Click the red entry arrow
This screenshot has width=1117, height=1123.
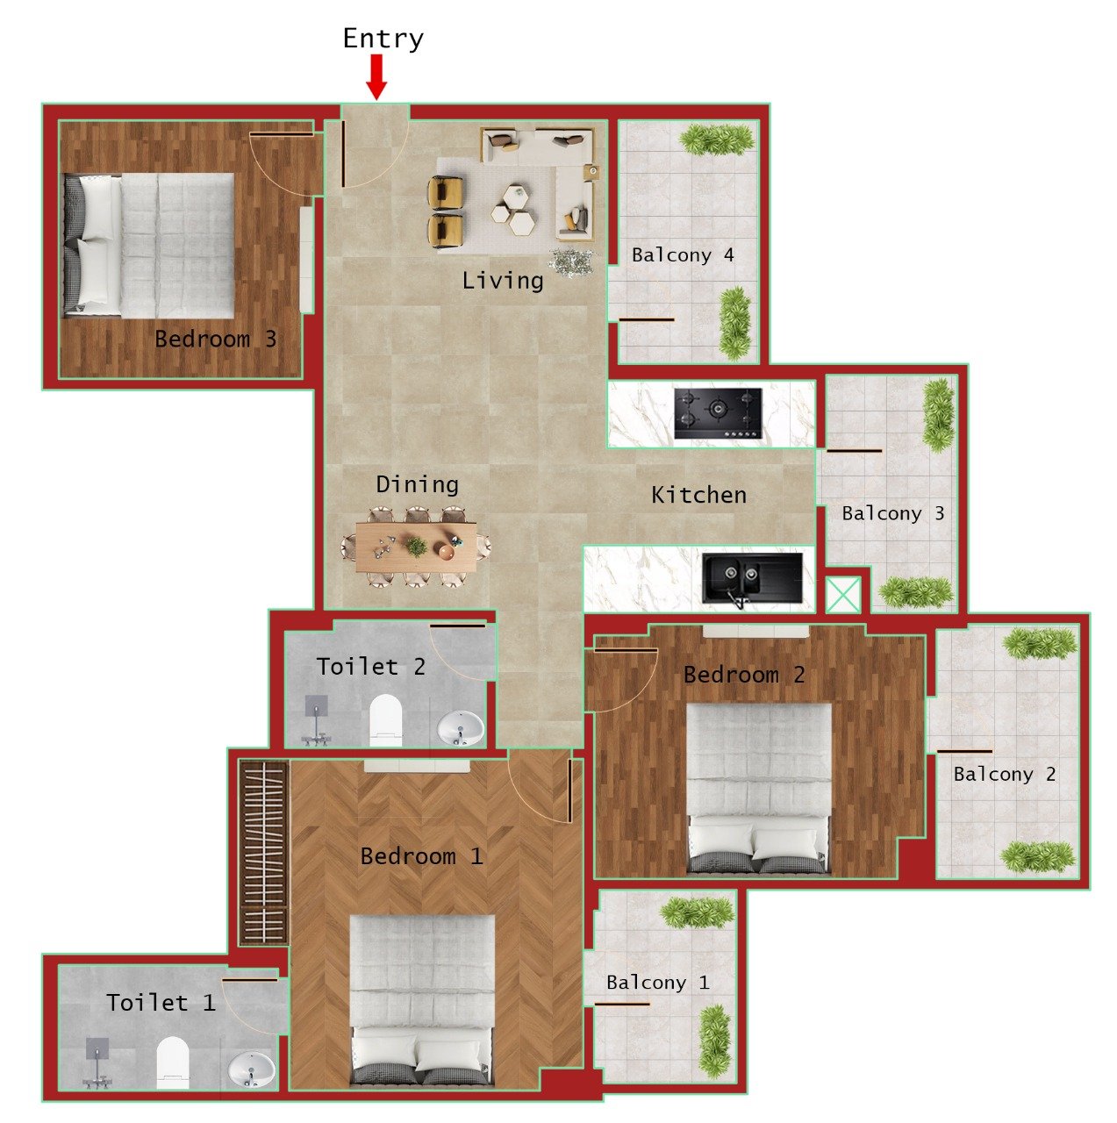376,76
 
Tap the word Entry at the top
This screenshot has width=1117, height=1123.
383,39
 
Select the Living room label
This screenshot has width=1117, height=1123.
503,281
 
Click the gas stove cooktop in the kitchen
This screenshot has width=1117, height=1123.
718,413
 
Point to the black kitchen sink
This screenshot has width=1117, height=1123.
751,578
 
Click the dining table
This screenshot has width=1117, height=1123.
417,547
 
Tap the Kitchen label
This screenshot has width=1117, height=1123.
698,495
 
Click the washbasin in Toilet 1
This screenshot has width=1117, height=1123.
251,1069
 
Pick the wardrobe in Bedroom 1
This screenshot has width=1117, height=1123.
264,852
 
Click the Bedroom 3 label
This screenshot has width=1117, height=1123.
215,339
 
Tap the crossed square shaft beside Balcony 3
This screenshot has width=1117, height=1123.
843,595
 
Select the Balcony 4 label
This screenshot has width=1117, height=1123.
683,255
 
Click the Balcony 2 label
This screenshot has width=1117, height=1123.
1004,774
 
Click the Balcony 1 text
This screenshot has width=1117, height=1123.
657,983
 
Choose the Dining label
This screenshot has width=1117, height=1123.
417,484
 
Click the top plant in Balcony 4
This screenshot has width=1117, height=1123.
717,139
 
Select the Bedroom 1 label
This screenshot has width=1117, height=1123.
421,856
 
